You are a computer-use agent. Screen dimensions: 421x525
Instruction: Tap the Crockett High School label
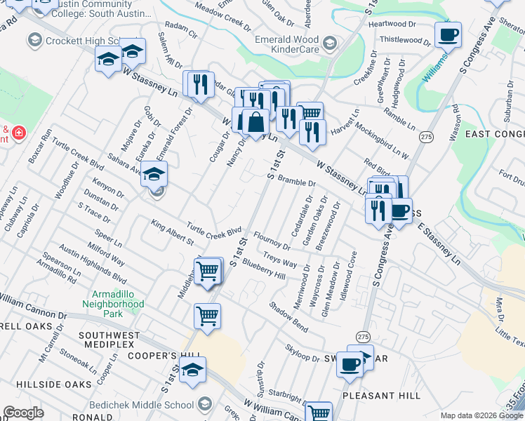click(x=83, y=41)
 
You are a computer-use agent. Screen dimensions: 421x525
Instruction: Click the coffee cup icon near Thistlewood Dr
click(x=448, y=34)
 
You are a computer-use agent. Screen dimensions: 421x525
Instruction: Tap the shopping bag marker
click(x=255, y=123)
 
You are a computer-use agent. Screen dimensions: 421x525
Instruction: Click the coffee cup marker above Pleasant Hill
click(x=350, y=364)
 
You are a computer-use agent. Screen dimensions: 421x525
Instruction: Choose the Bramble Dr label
click(x=297, y=182)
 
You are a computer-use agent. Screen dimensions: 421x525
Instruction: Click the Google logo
click(x=23, y=413)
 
